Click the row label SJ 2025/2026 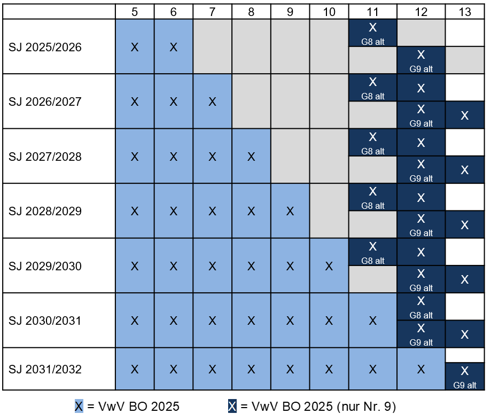45,47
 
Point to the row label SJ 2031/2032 45,369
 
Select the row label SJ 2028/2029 45,211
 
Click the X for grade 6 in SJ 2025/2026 173,47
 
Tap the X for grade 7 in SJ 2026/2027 212,101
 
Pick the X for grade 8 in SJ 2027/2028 251,157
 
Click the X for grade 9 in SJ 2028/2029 290,211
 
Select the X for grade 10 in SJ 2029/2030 329,266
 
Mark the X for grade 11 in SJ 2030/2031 373,321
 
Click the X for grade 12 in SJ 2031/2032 421,369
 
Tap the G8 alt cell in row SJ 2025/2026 373,33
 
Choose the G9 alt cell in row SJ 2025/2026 421,60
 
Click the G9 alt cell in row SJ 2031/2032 465,377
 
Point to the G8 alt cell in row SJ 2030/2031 421,307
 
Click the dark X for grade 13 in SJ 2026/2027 465,115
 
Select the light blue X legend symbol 79,407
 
